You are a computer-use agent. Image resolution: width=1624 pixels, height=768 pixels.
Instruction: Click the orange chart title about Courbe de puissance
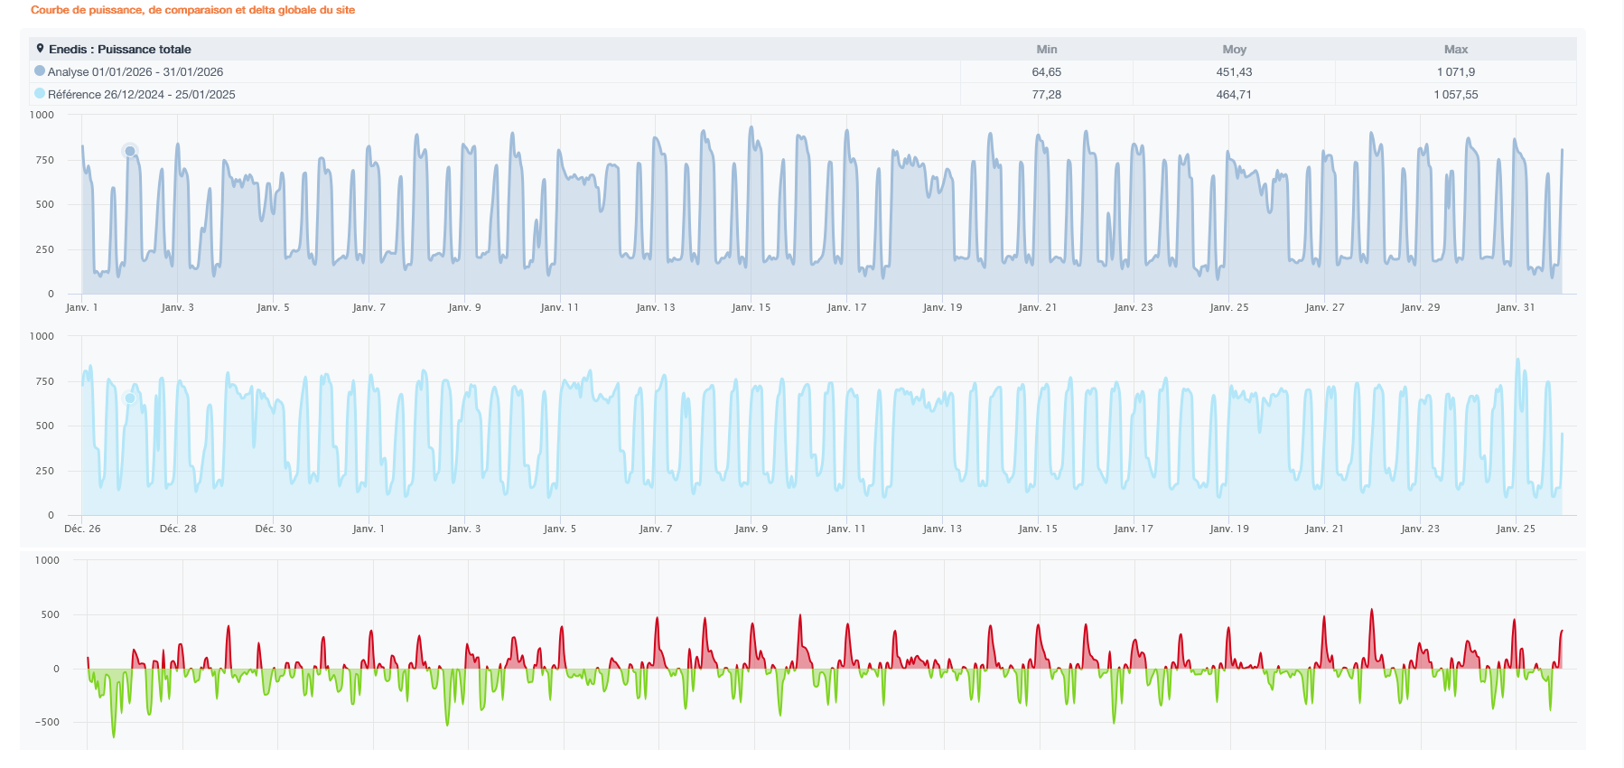tap(192, 10)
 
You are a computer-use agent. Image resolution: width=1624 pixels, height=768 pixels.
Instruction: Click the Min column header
tap(1047, 50)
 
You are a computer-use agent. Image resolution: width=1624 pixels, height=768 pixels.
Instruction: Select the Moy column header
tap(1234, 50)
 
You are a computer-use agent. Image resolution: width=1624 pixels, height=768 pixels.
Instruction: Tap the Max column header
tap(1456, 50)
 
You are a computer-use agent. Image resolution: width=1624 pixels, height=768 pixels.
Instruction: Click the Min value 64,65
tap(1047, 72)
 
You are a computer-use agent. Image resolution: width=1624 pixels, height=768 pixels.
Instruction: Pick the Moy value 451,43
tap(1234, 72)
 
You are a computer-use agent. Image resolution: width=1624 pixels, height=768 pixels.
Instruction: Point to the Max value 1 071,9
tap(1456, 72)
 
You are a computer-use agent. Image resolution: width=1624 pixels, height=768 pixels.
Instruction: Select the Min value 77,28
tap(1047, 95)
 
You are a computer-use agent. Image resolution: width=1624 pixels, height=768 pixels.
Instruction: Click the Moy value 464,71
tap(1234, 95)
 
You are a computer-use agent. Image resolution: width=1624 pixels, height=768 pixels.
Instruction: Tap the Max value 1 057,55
tap(1456, 95)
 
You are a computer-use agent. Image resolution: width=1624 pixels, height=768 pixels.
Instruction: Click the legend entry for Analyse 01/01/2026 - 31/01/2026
tap(128, 72)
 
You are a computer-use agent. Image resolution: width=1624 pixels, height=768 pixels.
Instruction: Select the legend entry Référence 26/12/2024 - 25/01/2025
tap(135, 95)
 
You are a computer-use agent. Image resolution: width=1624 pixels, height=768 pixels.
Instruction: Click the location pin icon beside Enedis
tap(40, 49)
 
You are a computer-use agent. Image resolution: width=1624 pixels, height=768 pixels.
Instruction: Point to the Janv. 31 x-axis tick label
tap(1516, 308)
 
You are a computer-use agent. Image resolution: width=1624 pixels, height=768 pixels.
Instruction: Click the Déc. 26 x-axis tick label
tap(82, 529)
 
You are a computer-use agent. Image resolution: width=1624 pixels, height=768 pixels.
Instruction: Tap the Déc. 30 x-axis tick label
tap(274, 529)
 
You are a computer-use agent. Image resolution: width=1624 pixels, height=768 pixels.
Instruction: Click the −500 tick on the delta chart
tap(47, 723)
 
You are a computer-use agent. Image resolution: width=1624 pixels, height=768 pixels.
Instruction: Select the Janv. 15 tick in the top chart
tap(751, 308)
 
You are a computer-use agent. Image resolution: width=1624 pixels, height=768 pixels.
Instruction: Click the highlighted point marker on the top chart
tap(130, 151)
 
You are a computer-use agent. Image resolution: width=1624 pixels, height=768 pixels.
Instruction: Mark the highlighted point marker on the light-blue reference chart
tap(130, 398)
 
